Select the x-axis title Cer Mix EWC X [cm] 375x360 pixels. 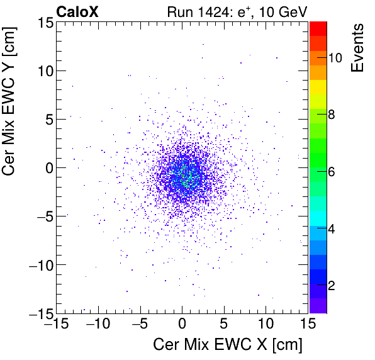tap(228, 345)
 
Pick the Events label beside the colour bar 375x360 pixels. tap(357, 48)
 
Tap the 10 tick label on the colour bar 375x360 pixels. tap(335, 57)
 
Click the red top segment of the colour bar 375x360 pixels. tap(318, 27)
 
